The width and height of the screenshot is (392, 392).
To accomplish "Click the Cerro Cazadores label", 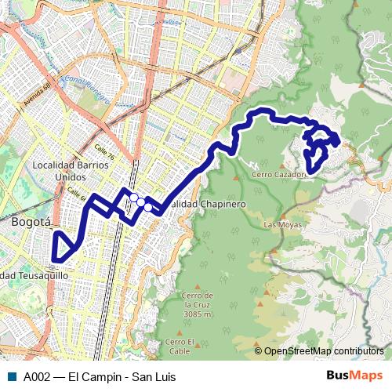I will (278, 174).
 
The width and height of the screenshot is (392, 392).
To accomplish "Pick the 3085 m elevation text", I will (196, 314).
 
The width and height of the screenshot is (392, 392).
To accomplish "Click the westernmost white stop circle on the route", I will (134, 198).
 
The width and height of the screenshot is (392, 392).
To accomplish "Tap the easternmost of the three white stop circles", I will (148, 207).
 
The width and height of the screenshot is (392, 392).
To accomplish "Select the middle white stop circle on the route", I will (141, 202).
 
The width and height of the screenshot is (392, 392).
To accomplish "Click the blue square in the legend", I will (11, 376).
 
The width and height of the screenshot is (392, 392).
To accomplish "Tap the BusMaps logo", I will (354, 376).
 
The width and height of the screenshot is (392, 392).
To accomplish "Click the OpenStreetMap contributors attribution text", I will (323, 350).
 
